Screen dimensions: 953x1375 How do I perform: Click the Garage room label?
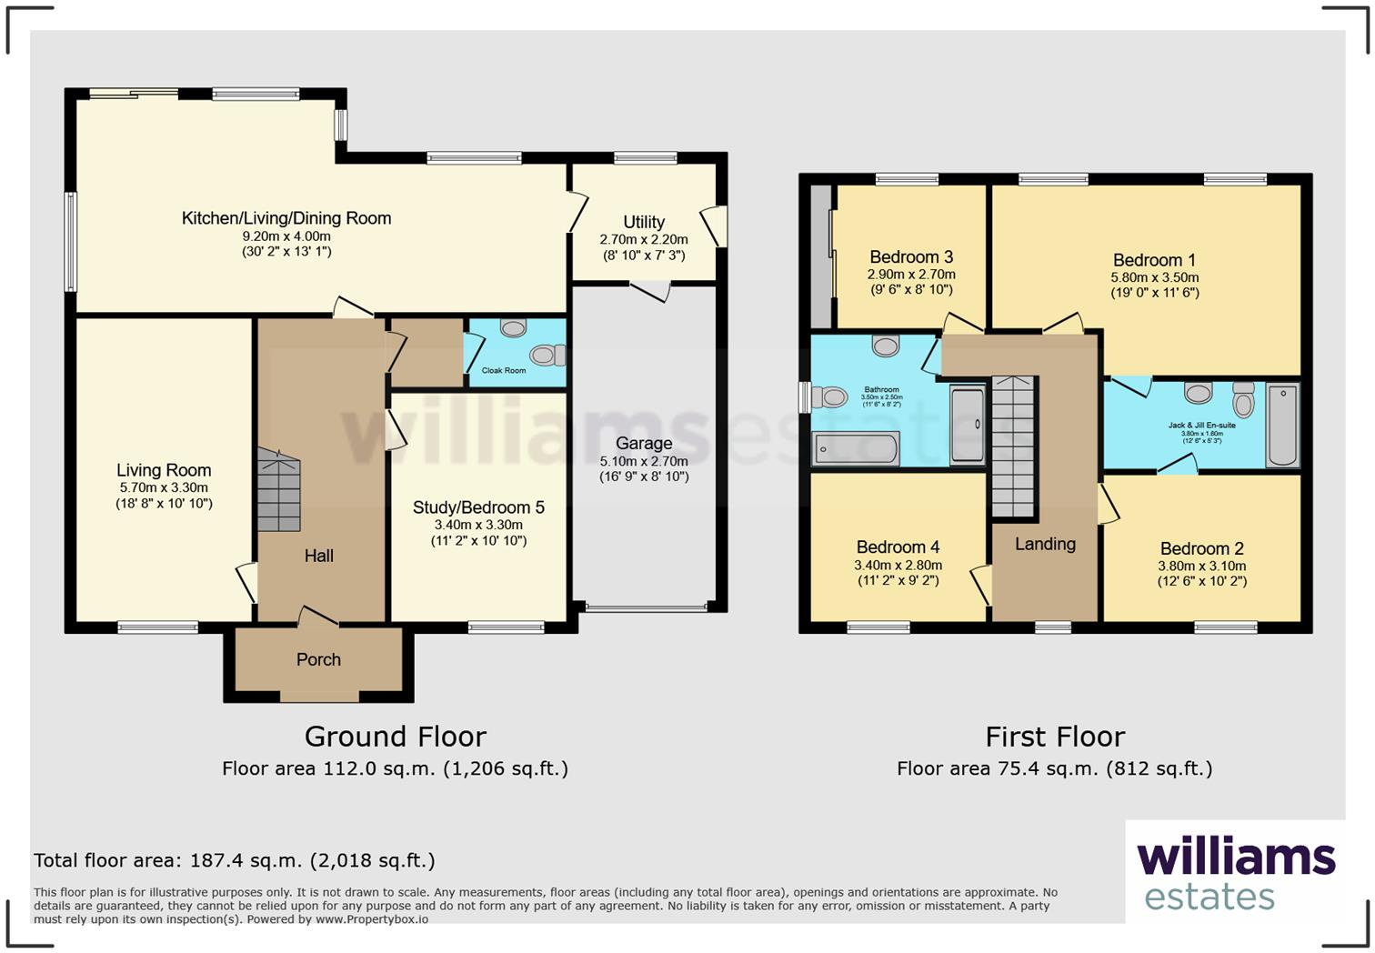coord(643,444)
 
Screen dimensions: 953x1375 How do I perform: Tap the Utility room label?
coord(643,222)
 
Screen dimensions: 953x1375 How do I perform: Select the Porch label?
coord(318,659)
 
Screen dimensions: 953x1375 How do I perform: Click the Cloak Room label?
coord(504,371)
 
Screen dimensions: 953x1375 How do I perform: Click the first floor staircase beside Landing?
coord(1013,446)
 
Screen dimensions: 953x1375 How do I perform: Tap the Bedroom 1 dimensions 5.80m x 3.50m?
coord(1154,277)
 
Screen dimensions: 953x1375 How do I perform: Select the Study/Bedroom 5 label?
coord(478,507)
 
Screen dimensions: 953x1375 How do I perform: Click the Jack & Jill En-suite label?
coord(1201,425)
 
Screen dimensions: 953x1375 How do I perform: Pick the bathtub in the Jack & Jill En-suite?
coord(1282,425)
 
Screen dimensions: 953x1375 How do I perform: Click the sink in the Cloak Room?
coord(513,327)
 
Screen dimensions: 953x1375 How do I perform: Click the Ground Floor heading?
coord(395,736)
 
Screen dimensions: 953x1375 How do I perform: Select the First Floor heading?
coord(1055,736)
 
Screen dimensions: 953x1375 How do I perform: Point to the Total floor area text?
coord(235,860)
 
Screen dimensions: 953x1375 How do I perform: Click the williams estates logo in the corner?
coord(1235,873)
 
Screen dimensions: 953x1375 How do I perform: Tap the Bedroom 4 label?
coord(898,547)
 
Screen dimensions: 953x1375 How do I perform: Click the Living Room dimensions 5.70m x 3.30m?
coord(164,487)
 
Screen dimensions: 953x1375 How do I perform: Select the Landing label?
coord(1045,544)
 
